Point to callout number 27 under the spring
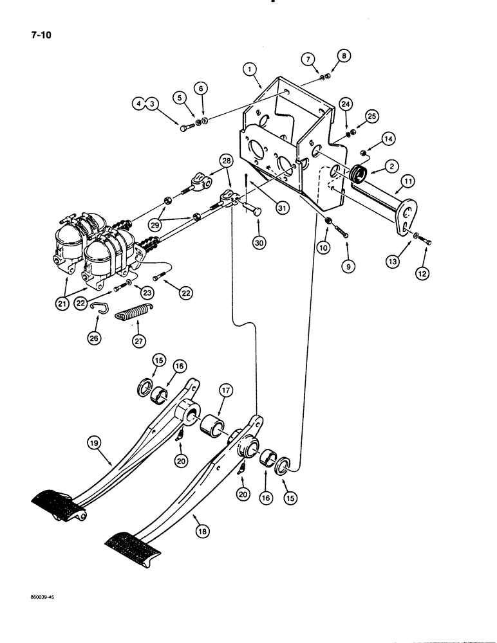[138, 341]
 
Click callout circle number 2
[390, 166]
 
